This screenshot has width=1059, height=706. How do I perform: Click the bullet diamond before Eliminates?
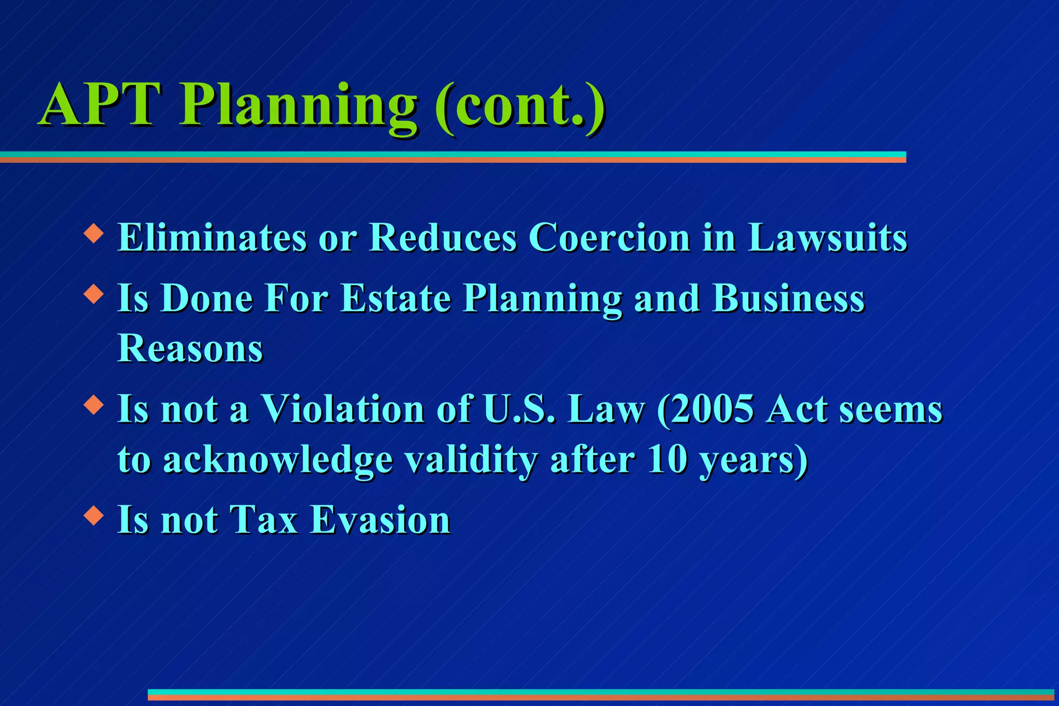click(x=94, y=233)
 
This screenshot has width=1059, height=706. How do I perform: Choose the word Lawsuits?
click(x=827, y=238)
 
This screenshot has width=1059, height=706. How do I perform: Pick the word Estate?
click(x=396, y=298)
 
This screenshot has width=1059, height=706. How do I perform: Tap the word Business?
click(x=788, y=298)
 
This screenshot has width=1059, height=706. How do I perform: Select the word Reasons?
click(x=190, y=348)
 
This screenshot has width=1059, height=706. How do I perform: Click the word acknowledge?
click(x=278, y=459)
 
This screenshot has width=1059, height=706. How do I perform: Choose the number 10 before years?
click(x=667, y=459)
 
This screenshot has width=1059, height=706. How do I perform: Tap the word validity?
click(x=471, y=459)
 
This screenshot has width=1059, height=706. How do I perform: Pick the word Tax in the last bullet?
click(x=264, y=519)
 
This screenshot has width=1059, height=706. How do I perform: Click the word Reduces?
click(x=443, y=238)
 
